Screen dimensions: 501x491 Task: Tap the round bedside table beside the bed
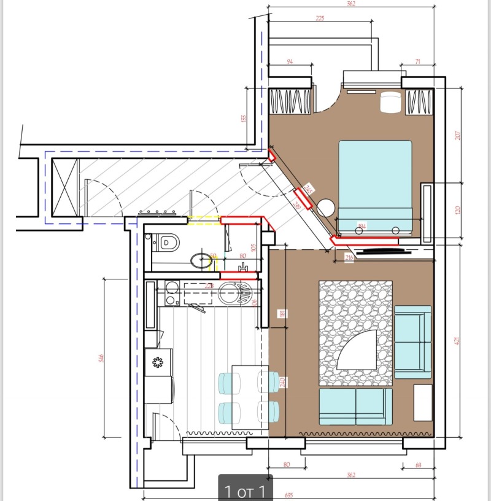pyautogui.click(x=325, y=207)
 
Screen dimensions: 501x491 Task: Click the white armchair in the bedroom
pyautogui.click(x=390, y=102)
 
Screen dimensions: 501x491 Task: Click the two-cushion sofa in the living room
pyautogui.click(x=355, y=406)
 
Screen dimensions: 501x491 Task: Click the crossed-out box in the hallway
pyautogui.click(x=65, y=187)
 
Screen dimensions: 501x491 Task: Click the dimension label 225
pyautogui.click(x=320, y=19)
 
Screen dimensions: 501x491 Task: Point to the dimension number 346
pyautogui.click(x=101, y=357)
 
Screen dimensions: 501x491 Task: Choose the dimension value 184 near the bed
pyautogui.click(x=362, y=227)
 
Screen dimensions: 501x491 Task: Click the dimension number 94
pyautogui.click(x=291, y=61)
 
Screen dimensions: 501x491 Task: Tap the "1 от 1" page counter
pyautogui.click(x=245, y=491)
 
